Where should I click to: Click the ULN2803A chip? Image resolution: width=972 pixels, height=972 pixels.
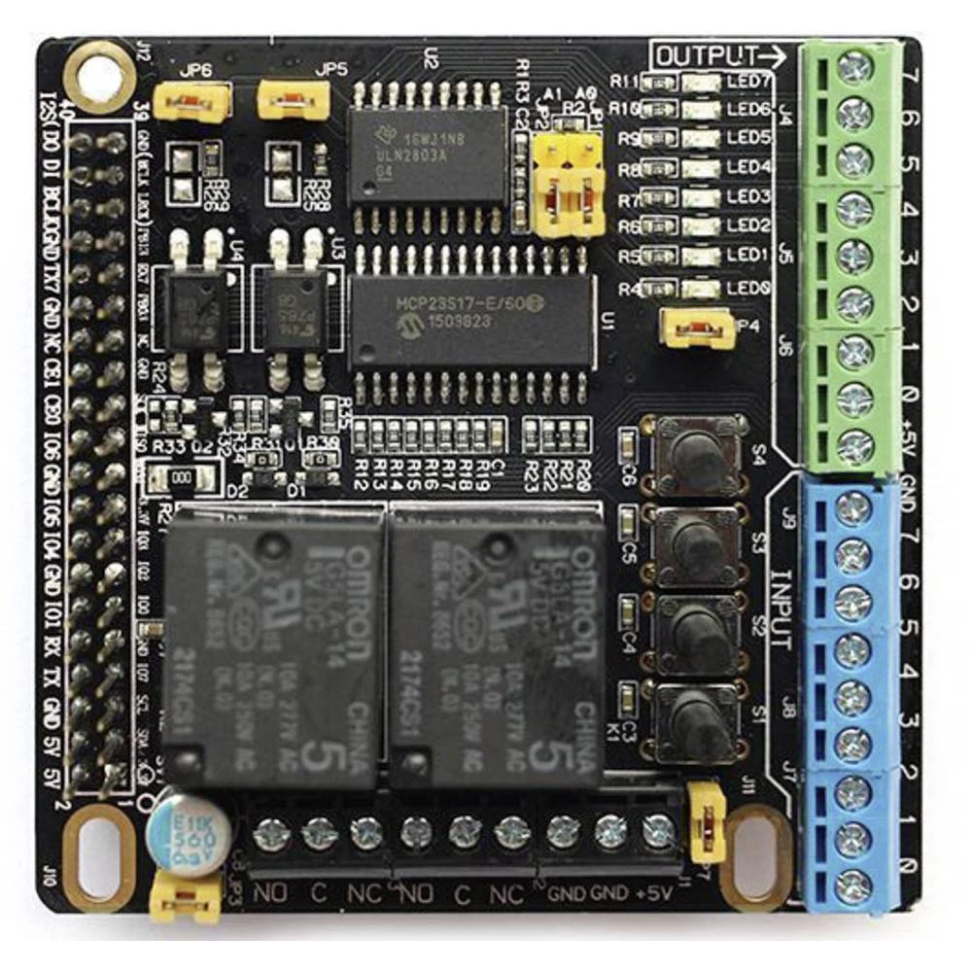pos(428,155)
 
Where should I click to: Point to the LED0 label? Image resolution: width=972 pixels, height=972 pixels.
pos(749,289)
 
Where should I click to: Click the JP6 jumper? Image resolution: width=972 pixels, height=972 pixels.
pos(192,101)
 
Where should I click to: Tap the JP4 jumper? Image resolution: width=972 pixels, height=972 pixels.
pos(695,328)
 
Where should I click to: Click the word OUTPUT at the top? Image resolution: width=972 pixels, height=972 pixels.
pos(705,55)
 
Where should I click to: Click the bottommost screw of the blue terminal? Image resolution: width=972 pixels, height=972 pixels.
pos(853,885)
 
